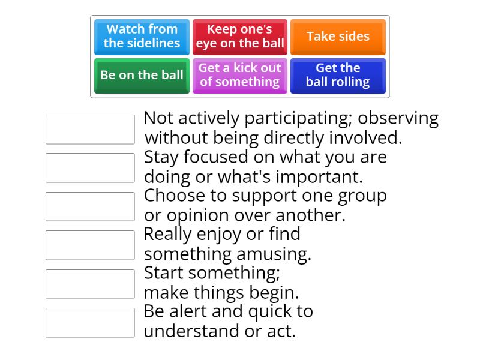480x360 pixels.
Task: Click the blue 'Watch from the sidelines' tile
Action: click(142, 37)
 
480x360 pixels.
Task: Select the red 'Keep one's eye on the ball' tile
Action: click(240, 37)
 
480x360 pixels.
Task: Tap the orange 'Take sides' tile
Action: click(338, 37)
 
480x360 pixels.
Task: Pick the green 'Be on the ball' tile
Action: click(142, 75)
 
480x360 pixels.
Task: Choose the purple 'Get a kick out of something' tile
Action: click(240, 75)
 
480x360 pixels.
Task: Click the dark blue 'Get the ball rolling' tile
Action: click(338, 75)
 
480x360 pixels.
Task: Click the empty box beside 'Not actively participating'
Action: click(90, 130)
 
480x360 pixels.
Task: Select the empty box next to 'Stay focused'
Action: click(90, 168)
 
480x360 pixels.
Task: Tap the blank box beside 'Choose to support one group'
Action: click(90, 206)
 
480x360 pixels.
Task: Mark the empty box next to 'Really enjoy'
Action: click(90, 245)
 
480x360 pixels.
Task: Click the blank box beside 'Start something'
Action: click(90, 284)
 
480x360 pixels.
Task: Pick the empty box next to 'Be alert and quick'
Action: click(90, 323)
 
